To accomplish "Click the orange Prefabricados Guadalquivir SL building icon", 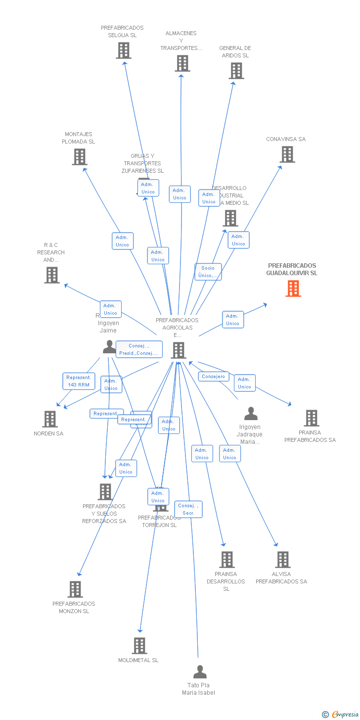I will [293, 288].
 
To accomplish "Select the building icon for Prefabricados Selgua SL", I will [124, 50].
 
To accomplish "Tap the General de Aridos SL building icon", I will [236, 71].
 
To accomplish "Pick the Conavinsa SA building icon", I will [287, 154].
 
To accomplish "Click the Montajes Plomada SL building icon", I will [80, 157].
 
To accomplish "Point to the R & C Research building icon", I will [52, 275].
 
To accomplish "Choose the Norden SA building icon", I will [50, 419].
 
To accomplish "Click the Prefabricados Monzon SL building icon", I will [75, 589].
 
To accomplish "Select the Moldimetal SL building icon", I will [139, 646].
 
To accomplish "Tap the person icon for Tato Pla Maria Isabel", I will [200, 672].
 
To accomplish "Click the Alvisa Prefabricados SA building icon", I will [283, 560].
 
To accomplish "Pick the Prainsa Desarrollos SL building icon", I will [227, 560].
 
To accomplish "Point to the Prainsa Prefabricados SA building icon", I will [312, 418].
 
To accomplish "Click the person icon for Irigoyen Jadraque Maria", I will [251, 414].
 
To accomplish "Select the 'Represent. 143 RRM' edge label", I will [79, 381].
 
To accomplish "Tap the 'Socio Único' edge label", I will [208, 272].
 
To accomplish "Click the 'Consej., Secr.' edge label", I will [188, 509].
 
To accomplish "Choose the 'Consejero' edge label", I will [214, 377].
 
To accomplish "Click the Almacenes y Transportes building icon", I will [182, 63].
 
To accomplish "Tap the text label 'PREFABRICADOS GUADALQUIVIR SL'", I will [292, 269].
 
